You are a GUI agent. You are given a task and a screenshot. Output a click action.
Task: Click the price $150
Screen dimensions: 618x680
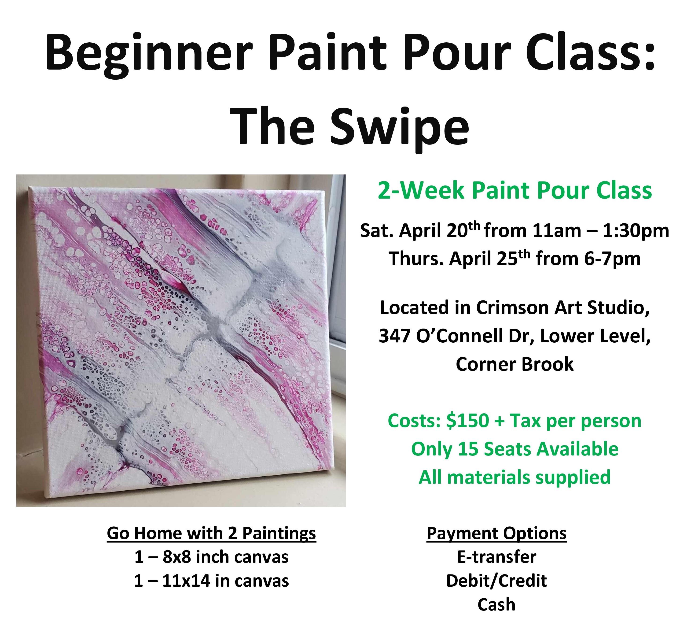tap(467, 421)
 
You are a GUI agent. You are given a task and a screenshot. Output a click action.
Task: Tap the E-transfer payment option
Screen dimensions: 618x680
tap(496, 557)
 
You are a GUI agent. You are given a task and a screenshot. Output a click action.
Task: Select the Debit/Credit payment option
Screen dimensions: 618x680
tap(496, 581)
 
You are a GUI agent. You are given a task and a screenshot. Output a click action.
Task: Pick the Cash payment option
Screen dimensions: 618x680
tap(496, 604)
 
